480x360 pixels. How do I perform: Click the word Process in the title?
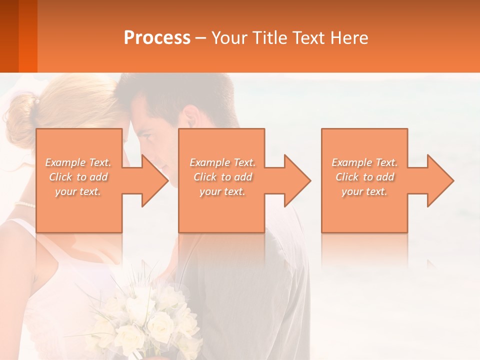point(157,38)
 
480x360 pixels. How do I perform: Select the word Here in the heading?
point(348,38)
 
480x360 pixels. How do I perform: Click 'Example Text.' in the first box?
point(78,162)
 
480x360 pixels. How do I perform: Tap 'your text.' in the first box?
point(78,191)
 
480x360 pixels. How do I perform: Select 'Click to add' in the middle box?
point(222,177)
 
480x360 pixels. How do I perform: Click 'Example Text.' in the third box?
point(364,162)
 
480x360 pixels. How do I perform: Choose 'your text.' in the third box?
point(364,191)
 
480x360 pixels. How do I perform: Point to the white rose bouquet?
point(145,320)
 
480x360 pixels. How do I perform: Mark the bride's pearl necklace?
point(25,204)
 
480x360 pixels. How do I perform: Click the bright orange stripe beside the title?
point(28,36)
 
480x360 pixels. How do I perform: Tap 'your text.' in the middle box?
point(222,191)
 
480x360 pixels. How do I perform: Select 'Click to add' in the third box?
point(364,177)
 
